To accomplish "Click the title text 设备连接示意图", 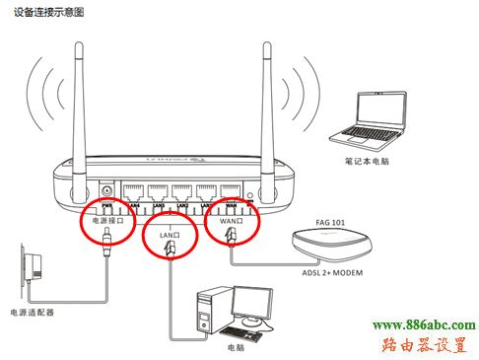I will [41, 11].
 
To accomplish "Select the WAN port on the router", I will [231, 191].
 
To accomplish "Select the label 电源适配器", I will [30, 311].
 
